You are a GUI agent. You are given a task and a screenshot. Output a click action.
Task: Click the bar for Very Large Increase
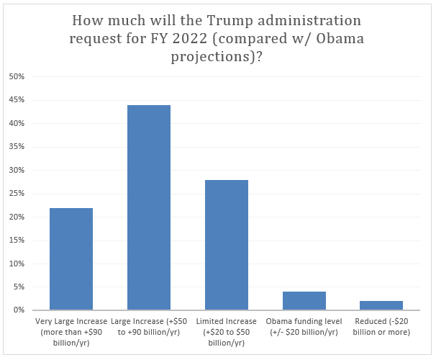71,259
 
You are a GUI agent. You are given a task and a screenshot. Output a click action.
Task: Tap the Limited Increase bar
227,245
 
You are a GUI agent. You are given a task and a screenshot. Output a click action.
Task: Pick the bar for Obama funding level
304,301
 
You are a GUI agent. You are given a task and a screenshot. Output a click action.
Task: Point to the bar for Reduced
381,305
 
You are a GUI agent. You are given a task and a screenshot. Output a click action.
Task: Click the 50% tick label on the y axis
17,76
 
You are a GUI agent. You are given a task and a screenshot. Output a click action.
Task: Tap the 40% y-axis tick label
17,123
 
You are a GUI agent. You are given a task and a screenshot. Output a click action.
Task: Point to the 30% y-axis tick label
17,170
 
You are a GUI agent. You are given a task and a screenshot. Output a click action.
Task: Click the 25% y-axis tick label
17,193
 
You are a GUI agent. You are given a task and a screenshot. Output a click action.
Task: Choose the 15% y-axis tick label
17,240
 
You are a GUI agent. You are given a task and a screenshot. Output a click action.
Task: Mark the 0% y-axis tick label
19,310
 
